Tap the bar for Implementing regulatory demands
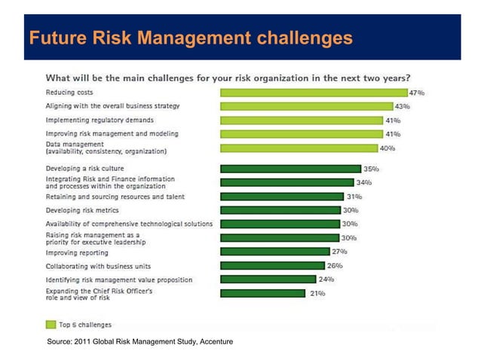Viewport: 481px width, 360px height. tap(312, 120)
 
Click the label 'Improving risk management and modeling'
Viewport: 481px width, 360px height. tap(112, 133)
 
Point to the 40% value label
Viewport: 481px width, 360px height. tap(387, 148)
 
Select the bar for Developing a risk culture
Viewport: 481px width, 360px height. tap(290, 169)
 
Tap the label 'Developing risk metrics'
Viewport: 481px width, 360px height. tap(81, 210)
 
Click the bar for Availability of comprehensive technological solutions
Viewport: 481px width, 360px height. tap(279, 224)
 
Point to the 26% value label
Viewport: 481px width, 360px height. tap(335, 265)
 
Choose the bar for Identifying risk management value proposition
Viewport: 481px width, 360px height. tap(268, 279)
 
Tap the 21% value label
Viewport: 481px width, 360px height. tap(317, 293)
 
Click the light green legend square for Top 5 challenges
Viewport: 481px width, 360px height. tap(51, 325)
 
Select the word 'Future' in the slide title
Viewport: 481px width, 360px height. tap(53, 37)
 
